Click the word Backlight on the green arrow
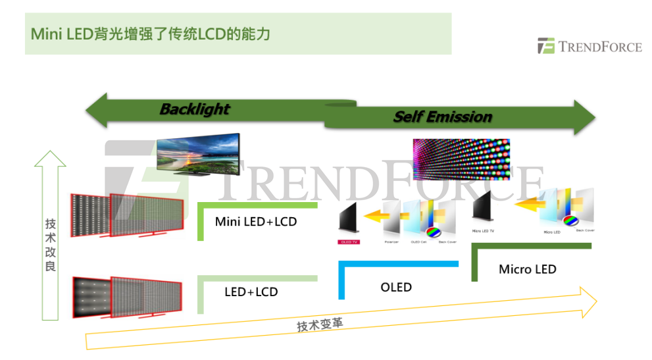[195, 109]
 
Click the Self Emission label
[442, 117]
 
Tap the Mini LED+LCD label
[256, 222]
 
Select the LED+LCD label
[251, 292]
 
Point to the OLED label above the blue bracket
[396, 287]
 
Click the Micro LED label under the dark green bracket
[527, 269]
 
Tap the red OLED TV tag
[348, 242]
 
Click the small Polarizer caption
[391, 242]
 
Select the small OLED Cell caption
[419, 242]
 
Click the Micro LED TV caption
[483, 231]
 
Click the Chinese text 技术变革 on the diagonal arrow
[319, 324]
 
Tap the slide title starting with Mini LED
[151, 33]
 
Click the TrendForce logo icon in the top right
[545, 47]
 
